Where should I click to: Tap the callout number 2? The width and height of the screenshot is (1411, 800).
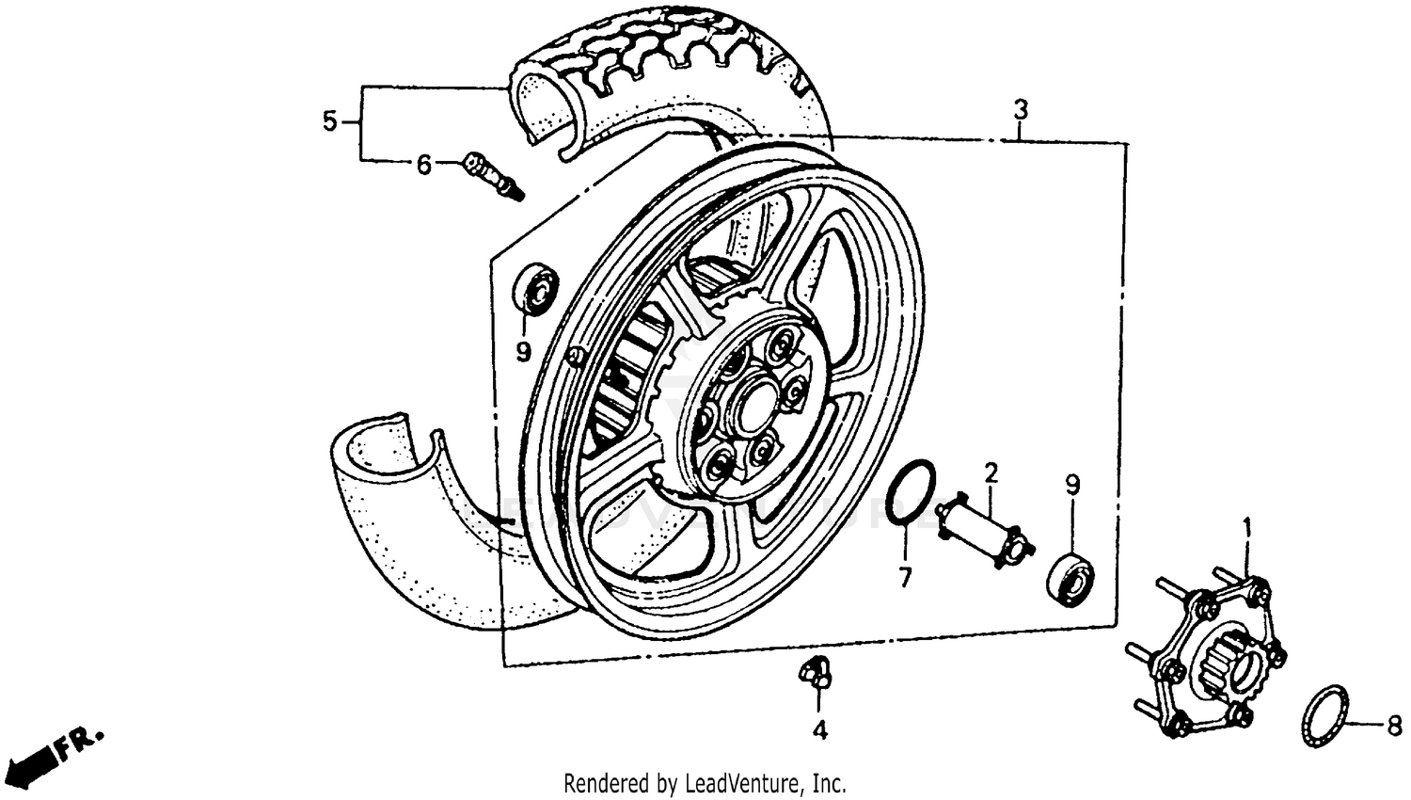(990, 472)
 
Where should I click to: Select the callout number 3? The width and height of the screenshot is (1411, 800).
(1021, 110)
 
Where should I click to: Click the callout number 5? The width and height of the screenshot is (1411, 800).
(329, 121)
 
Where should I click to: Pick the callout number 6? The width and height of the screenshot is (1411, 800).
(424, 166)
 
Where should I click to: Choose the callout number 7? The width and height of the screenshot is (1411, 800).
(905, 578)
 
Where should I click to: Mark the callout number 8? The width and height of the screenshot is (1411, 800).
(1394, 725)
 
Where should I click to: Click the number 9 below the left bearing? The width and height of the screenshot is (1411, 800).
(523, 352)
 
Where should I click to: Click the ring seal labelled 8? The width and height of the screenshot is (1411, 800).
(1324, 716)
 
